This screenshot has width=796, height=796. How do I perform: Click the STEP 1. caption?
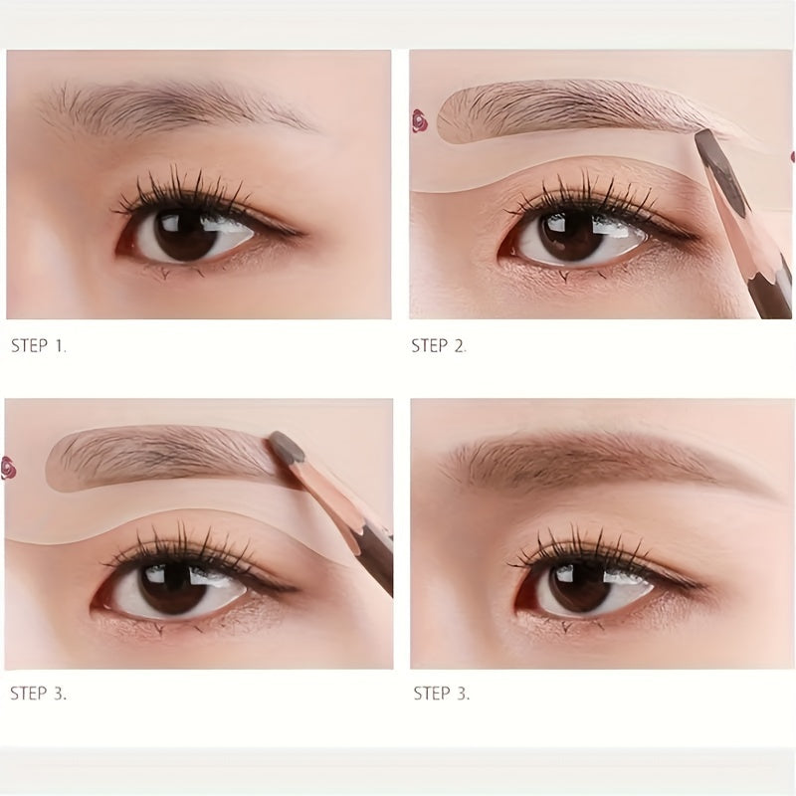pyautogui.click(x=39, y=346)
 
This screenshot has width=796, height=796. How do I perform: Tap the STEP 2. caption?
pyautogui.click(x=439, y=346)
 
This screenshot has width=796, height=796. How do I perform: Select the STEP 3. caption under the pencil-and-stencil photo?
pyautogui.click(x=39, y=694)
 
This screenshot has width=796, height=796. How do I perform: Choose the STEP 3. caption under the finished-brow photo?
pyautogui.click(x=442, y=694)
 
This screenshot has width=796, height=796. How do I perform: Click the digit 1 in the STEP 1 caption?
pyautogui.click(x=60, y=346)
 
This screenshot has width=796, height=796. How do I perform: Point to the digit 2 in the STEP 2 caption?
pyautogui.click(x=460, y=346)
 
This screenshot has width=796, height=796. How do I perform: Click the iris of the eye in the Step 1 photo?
pyautogui.click(x=186, y=234)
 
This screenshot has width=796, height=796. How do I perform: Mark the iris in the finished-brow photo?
pyautogui.click(x=580, y=588)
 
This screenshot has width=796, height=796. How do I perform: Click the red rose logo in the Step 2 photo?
pyautogui.click(x=418, y=120)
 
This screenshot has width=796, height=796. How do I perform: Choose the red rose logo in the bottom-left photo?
pyautogui.click(x=8, y=468)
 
